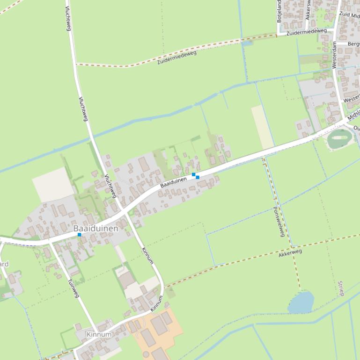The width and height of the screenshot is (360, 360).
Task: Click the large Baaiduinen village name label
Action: pyautogui.click(x=96, y=229)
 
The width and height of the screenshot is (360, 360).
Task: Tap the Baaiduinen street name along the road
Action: pyautogui.click(x=173, y=182)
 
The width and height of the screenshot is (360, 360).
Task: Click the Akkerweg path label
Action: pyautogui.click(x=290, y=253)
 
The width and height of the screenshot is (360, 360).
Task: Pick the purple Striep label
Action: pyautogui.click(x=340, y=288)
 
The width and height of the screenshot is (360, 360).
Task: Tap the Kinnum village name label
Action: pyautogui.click(x=99, y=334)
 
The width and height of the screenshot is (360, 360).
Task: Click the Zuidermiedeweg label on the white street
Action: pyautogui.click(x=306, y=32)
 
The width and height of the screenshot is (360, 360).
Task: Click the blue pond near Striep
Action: pyautogui.click(x=301, y=302)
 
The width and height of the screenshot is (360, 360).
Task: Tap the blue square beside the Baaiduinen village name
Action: pyautogui.click(x=80, y=235)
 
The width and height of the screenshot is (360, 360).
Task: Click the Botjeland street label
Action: pyautogui.click(x=279, y=12)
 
